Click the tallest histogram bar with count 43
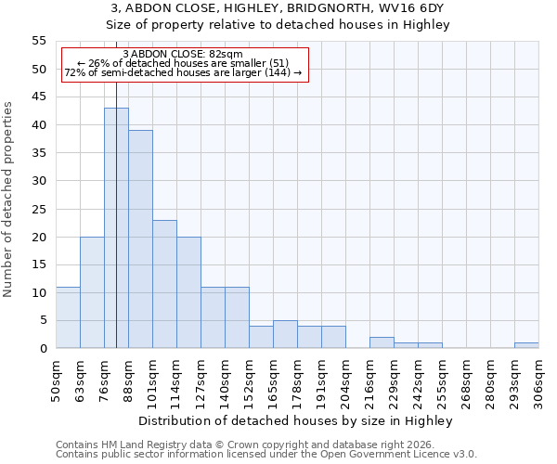(x=116, y=228)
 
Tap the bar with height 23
(x=164, y=284)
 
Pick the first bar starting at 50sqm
(x=68, y=317)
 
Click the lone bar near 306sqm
(x=526, y=345)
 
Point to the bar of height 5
(x=285, y=334)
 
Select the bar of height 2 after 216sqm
(x=382, y=342)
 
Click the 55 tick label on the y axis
(x=38, y=41)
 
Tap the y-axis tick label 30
(x=38, y=181)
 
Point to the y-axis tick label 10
(x=38, y=292)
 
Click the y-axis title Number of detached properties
(x=9, y=200)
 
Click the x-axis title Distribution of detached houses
(x=297, y=420)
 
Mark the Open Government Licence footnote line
(x=266, y=454)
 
